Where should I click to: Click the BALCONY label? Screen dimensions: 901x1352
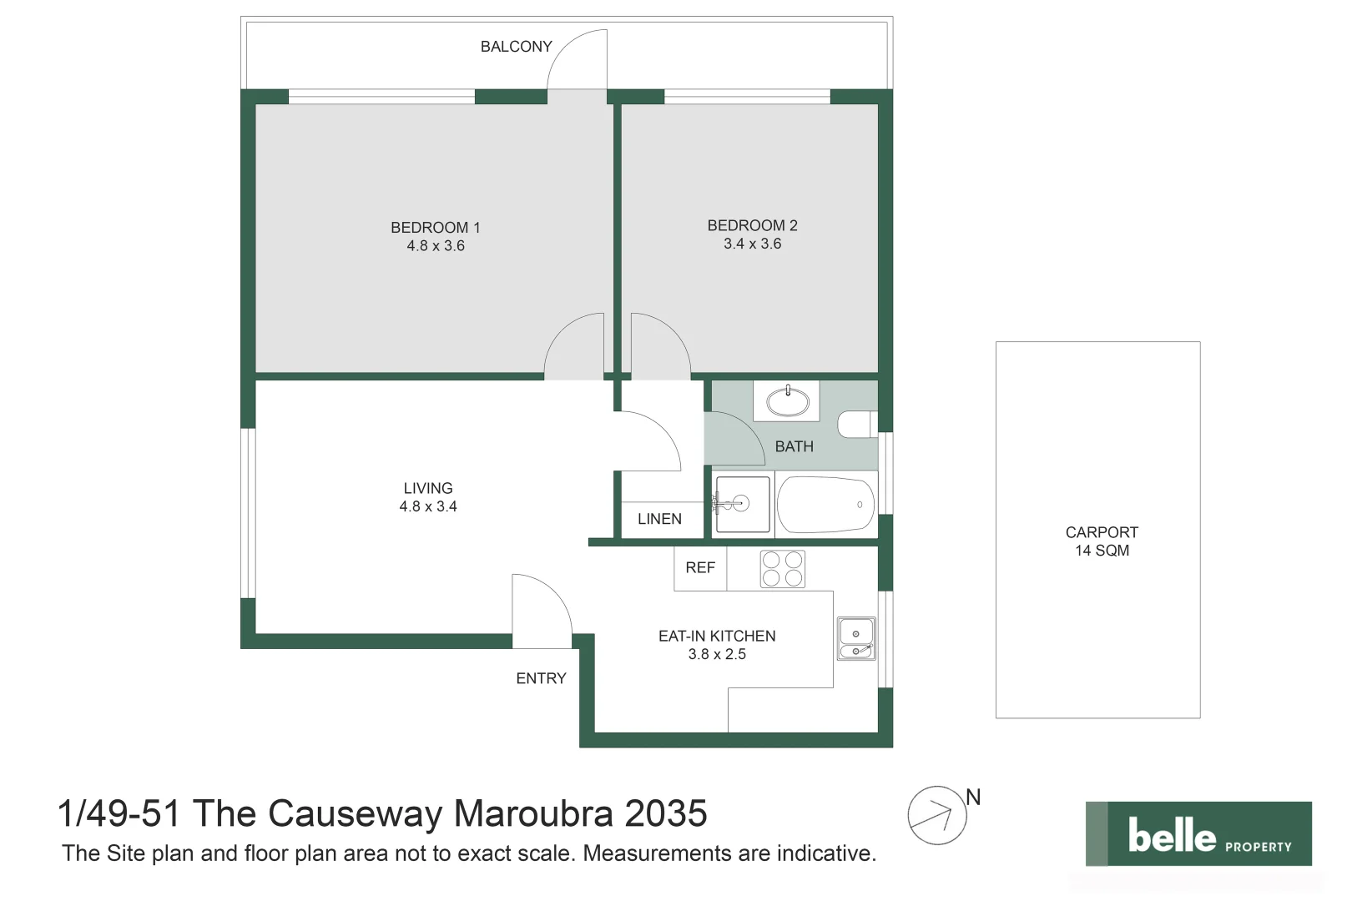[516, 47]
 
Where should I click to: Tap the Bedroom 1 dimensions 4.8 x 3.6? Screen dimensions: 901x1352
[436, 246]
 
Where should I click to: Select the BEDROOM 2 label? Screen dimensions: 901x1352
[752, 225]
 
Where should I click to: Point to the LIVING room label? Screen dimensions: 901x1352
[428, 488]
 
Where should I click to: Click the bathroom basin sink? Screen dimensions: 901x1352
[787, 402]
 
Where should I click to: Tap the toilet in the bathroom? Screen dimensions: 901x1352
[856, 424]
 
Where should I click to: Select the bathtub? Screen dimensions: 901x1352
[825, 504]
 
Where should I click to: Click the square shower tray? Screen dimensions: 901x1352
[742, 504]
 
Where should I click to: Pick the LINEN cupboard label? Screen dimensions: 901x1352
[659, 519]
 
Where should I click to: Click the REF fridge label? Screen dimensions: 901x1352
[700, 567]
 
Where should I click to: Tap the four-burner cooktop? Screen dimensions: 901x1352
[782, 569]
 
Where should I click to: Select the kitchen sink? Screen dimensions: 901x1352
[856, 638]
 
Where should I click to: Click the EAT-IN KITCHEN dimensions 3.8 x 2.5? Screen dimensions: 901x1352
[717, 655]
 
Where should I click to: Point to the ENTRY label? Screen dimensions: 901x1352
[541, 678]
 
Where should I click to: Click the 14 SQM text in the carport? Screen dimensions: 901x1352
[1102, 551]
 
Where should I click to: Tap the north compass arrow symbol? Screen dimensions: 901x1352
[937, 814]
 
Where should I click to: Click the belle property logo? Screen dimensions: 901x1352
[1198, 834]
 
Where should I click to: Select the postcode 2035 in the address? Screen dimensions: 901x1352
[666, 813]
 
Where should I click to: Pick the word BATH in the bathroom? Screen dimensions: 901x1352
[794, 446]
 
